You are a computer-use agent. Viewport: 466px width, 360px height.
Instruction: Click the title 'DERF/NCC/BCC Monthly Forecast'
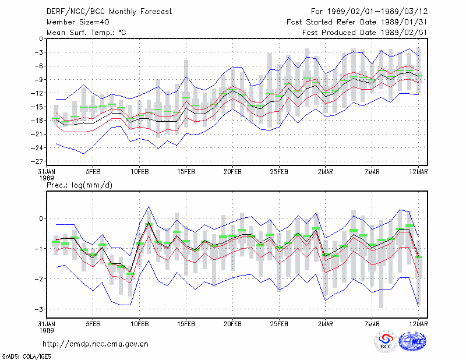pyautogui.click(x=109, y=12)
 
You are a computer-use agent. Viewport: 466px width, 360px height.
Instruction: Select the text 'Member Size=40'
pyautogui.click(x=78, y=22)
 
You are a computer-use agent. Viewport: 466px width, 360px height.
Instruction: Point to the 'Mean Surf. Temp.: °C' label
pyautogui.click(x=86, y=33)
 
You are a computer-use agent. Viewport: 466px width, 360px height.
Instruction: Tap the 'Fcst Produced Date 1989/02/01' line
pyautogui.click(x=365, y=33)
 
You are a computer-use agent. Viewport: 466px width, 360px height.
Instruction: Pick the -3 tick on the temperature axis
pyautogui.click(x=39, y=52)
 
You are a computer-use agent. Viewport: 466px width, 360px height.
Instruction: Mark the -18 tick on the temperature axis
pyautogui.click(x=37, y=121)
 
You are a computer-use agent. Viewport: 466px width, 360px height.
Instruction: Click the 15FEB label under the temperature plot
pyautogui.click(x=186, y=172)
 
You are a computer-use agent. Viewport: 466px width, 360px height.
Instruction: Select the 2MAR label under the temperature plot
pyautogui.click(x=326, y=172)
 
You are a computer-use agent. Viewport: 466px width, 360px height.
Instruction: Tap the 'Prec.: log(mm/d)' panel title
pyautogui.click(x=80, y=185)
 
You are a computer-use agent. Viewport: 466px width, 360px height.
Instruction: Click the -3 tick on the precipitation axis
pyautogui.click(x=39, y=309)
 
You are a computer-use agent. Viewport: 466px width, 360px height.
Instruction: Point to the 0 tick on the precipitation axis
pyautogui.click(x=41, y=218)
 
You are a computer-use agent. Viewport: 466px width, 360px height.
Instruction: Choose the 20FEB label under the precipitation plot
pyautogui.click(x=232, y=324)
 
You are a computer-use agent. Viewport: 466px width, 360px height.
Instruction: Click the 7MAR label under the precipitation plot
pyautogui.click(x=372, y=324)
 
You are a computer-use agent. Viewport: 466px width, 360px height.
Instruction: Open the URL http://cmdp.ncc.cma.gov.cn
pyautogui.click(x=96, y=344)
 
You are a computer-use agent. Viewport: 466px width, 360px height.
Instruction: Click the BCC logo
pyautogui.click(x=386, y=342)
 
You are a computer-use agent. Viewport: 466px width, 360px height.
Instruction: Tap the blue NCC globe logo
pyautogui.click(x=412, y=341)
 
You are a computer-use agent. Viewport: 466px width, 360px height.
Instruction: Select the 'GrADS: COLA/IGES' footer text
pyautogui.click(x=27, y=357)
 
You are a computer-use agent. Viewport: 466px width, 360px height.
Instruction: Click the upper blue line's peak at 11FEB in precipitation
pyautogui.click(x=149, y=206)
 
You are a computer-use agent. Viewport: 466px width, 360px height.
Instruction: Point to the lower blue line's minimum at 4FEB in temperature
pyautogui.click(x=84, y=154)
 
